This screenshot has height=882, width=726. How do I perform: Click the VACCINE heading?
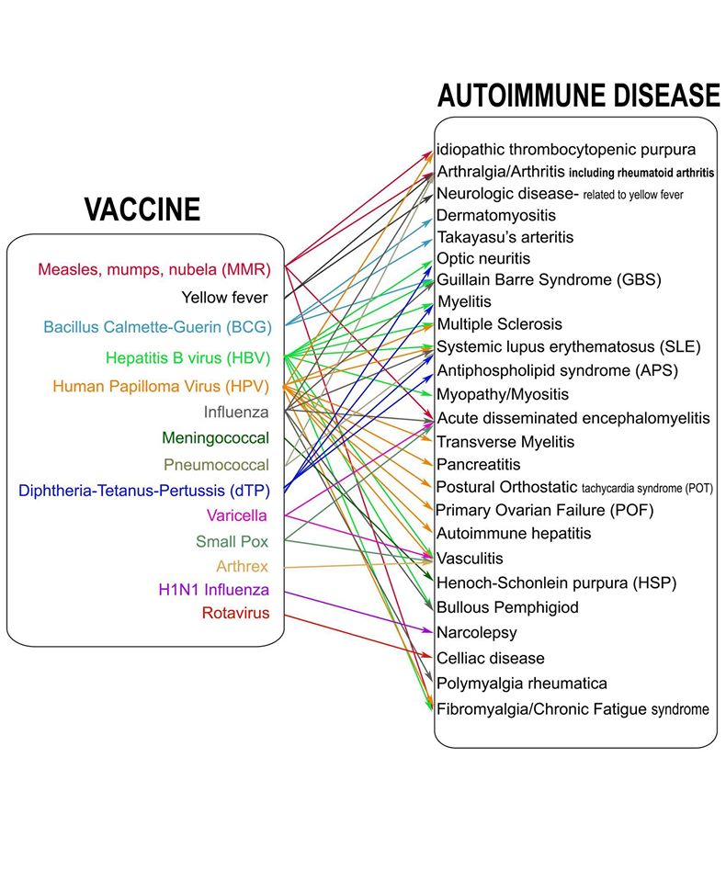tap(142, 209)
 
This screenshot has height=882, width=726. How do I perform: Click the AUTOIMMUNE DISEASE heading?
tap(578, 96)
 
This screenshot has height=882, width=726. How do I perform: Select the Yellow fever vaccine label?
tap(225, 297)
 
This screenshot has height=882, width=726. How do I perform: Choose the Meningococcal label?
tap(215, 438)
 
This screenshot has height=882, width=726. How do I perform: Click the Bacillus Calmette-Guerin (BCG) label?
tap(156, 327)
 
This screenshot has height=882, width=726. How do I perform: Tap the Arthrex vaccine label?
tap(243, 566)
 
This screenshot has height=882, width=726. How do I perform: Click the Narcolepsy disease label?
tap(477, 633)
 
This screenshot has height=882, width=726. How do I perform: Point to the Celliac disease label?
tap(491, 659)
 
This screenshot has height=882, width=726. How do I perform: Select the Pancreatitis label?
tap(479, 465)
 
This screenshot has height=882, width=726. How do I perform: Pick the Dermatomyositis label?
tap(496, 215)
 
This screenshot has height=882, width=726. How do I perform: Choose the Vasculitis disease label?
tap(470, 559)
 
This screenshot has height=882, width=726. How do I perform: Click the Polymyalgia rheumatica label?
tap(522, 684)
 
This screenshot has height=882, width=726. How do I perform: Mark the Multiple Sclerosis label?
tap(499, 324)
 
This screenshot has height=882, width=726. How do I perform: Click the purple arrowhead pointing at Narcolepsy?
tap(428, 632)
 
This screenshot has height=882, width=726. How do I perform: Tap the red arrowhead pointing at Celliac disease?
tap(428, 657)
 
